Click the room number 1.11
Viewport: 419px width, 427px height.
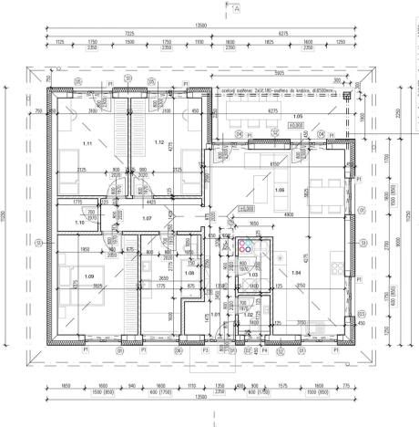87,144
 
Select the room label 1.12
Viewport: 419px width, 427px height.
158,142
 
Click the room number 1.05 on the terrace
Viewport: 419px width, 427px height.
297,118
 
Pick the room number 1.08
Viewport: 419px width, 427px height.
189,273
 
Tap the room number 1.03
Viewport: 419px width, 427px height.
254,275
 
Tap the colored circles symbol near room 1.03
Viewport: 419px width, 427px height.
249,245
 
